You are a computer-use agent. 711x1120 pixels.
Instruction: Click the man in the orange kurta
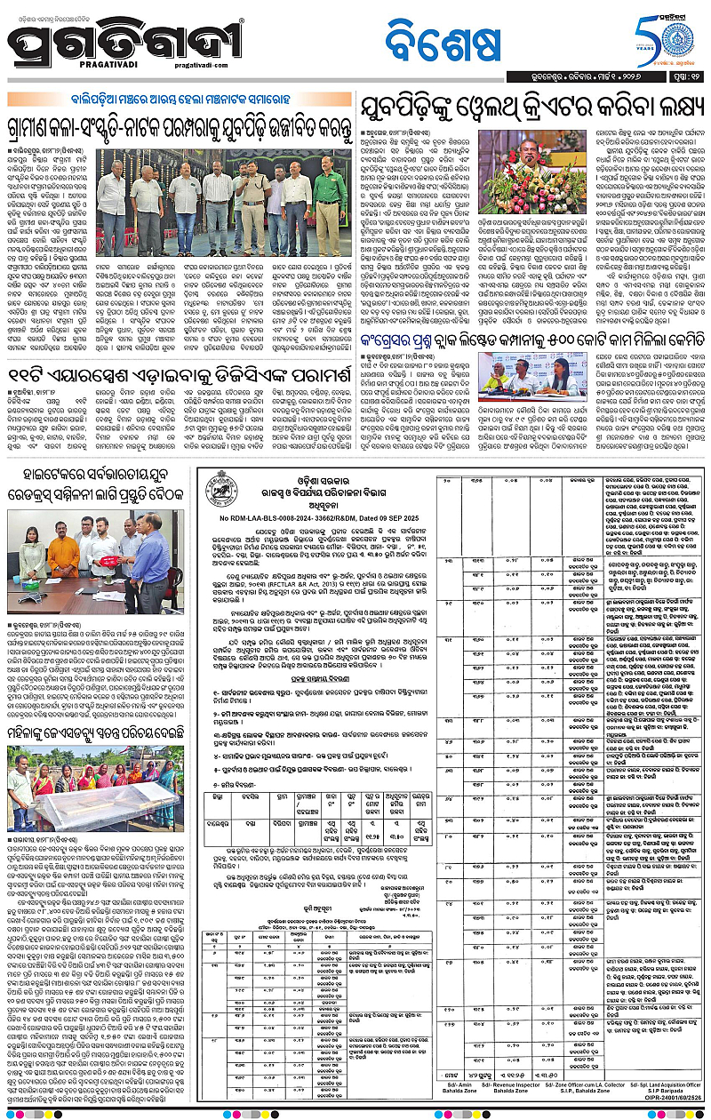pos(64,555)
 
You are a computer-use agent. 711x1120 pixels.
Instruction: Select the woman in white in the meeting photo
pos(29,560)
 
